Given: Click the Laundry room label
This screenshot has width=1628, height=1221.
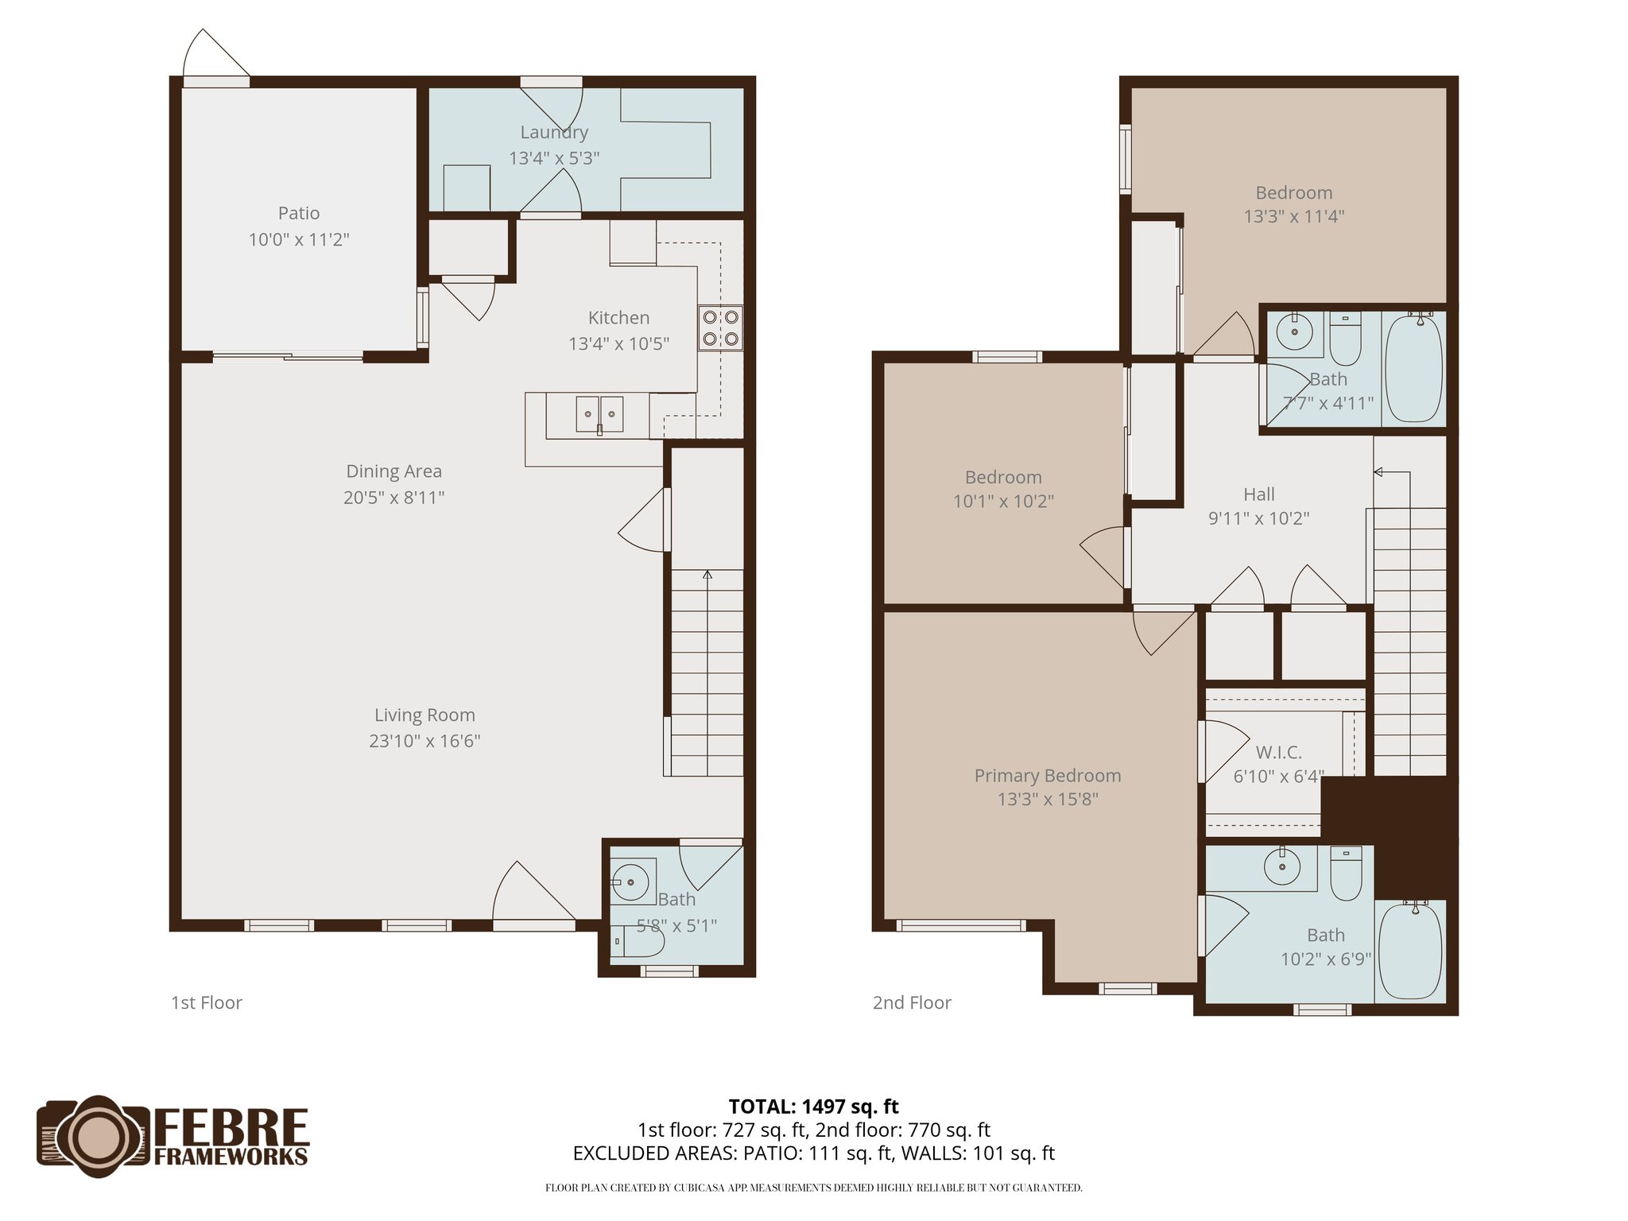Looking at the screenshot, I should point(554,133).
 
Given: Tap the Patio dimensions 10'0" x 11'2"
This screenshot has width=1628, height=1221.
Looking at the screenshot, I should point(299,239).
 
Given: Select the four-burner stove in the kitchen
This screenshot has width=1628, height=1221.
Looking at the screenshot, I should point(721,328).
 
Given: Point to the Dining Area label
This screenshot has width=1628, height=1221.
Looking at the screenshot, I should point(393,471).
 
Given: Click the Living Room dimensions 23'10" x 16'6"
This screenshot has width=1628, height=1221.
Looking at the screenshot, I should point(424,741).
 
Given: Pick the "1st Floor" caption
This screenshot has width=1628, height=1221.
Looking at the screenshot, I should point(207,1003).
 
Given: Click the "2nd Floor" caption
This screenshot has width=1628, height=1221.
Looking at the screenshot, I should point(912,1003).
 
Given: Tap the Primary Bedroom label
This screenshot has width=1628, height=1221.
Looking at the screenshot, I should point(1048,776).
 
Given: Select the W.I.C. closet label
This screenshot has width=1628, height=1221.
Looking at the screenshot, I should point(1278,752).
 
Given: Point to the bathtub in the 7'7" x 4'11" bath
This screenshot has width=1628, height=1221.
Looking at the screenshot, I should point(1414,369).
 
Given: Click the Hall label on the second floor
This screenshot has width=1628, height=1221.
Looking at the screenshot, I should point(1259,494).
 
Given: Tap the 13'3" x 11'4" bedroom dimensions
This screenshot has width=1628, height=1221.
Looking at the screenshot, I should point(1294,216).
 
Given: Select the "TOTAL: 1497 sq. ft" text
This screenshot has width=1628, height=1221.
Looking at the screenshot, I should point(813,1107).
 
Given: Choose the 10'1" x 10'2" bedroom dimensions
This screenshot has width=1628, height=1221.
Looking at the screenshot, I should point(1003,502).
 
